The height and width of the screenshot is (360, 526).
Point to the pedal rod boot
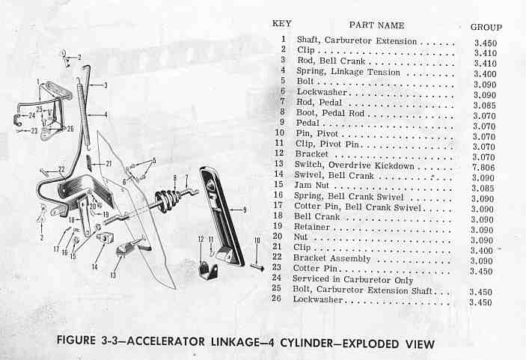tap(166, 201)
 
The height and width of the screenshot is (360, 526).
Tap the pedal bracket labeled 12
tap(207, 270)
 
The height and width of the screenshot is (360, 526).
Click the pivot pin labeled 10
tap(257, 267)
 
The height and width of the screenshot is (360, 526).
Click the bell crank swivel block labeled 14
tap(105, 238)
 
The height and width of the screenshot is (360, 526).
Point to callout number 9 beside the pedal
tap(245, 210)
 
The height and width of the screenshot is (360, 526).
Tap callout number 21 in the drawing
tap(108, 164)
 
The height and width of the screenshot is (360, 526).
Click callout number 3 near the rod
tap(105, 85)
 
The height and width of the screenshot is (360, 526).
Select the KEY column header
tap(282, 23)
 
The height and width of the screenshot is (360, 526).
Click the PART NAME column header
tap(376, 25)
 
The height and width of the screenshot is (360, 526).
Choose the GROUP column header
tap(486, 27)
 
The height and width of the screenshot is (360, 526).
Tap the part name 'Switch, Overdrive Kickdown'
tap(354, 165)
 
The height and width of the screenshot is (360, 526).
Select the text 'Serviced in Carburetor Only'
tap(352, 279)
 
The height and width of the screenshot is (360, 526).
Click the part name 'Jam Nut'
tap(311, 185)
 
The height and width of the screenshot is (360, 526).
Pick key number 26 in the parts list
tap(276, 299)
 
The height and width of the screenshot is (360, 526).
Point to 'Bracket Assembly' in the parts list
tap(331, 258)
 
